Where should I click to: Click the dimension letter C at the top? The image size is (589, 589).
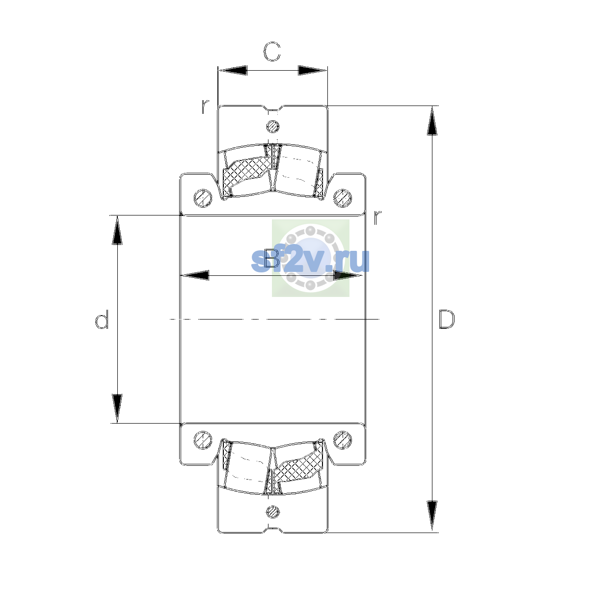pyautogui.click(x=272, y=52)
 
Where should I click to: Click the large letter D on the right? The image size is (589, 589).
pyautogui.click(x=447, y=320)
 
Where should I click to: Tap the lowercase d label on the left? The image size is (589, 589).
pyautogui.click(x=102, y=319)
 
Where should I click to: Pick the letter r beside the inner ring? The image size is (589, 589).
pyautogui.click(x=378, y=217)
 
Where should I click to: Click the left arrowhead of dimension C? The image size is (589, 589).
pyautogui.click(x=232, y=70)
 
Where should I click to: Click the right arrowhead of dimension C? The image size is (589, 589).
pyautogui.click(x=312, y=70)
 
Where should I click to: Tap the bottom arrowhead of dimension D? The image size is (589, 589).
pyautogui.click(x=432, y=518)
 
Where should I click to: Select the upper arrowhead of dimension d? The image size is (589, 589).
pyautogui.click(x=117, y=230)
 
